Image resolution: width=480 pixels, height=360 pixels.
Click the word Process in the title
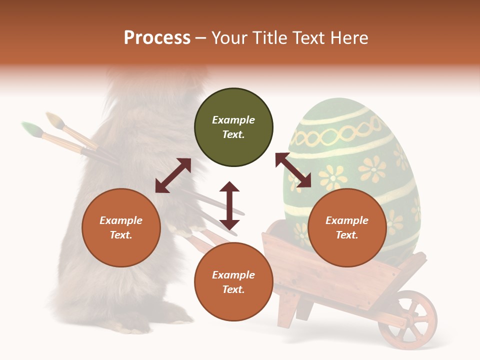point(157,38)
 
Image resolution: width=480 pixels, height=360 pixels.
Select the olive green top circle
point(233,127)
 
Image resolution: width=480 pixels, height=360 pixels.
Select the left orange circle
point(121,227)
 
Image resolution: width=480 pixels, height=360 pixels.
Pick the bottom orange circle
point(233,282)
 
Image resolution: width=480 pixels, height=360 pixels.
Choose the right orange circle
point(347,227)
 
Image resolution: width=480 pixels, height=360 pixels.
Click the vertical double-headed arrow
point(229,205)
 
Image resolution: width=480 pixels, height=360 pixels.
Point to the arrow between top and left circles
point(173,175)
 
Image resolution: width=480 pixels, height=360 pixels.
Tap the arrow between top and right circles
point(293,170)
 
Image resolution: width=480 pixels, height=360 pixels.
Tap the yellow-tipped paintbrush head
point(54,120)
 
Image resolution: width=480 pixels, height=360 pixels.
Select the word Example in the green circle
point(233,120)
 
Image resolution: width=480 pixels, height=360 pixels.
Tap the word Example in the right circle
point(347,220)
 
